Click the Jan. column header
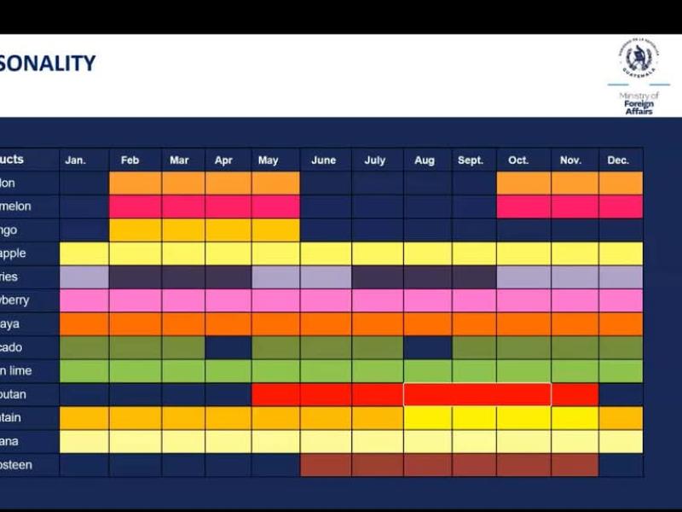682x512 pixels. click(75, 160)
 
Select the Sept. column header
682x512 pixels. click(471, 160)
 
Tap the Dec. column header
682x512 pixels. click(618, 160)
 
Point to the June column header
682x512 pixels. click(324, 160)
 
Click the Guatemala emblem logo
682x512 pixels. click(638, 61)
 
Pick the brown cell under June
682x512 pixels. click(325, 465)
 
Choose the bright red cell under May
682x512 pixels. click(275, 394)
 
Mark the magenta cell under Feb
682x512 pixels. click(136, 207)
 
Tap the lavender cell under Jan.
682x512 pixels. click(84, 277)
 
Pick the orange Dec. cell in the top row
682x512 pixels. click(621, 183)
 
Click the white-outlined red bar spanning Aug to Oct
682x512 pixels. click(477, 394)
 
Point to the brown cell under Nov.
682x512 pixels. click(574, 465)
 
